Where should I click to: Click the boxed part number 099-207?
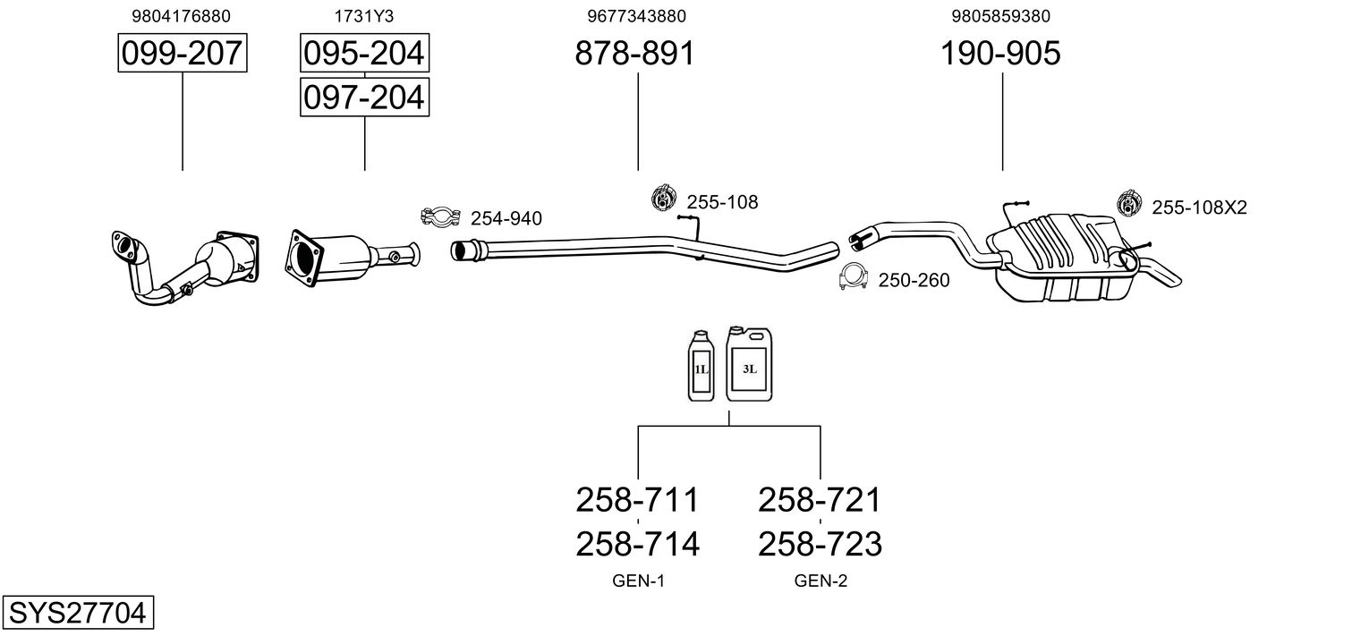point(183,54)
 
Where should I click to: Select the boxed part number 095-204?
point(364,54)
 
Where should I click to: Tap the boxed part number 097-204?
point(364,97)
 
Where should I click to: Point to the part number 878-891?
point(634,54)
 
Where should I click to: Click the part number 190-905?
point(1000,54)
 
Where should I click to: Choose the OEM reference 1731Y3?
point(363,16)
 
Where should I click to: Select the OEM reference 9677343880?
point(637,16)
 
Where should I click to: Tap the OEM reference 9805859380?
point(1002,16)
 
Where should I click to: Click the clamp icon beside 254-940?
point(439,216)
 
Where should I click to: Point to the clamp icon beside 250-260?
point(854,278)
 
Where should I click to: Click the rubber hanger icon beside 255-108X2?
point(1130,204)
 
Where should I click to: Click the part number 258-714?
point(637,544)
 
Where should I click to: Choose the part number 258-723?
point(820,544)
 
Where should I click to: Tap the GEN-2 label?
point(821,581)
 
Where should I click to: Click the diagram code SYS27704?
point(77,614)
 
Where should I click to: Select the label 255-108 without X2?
point(722,202)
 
